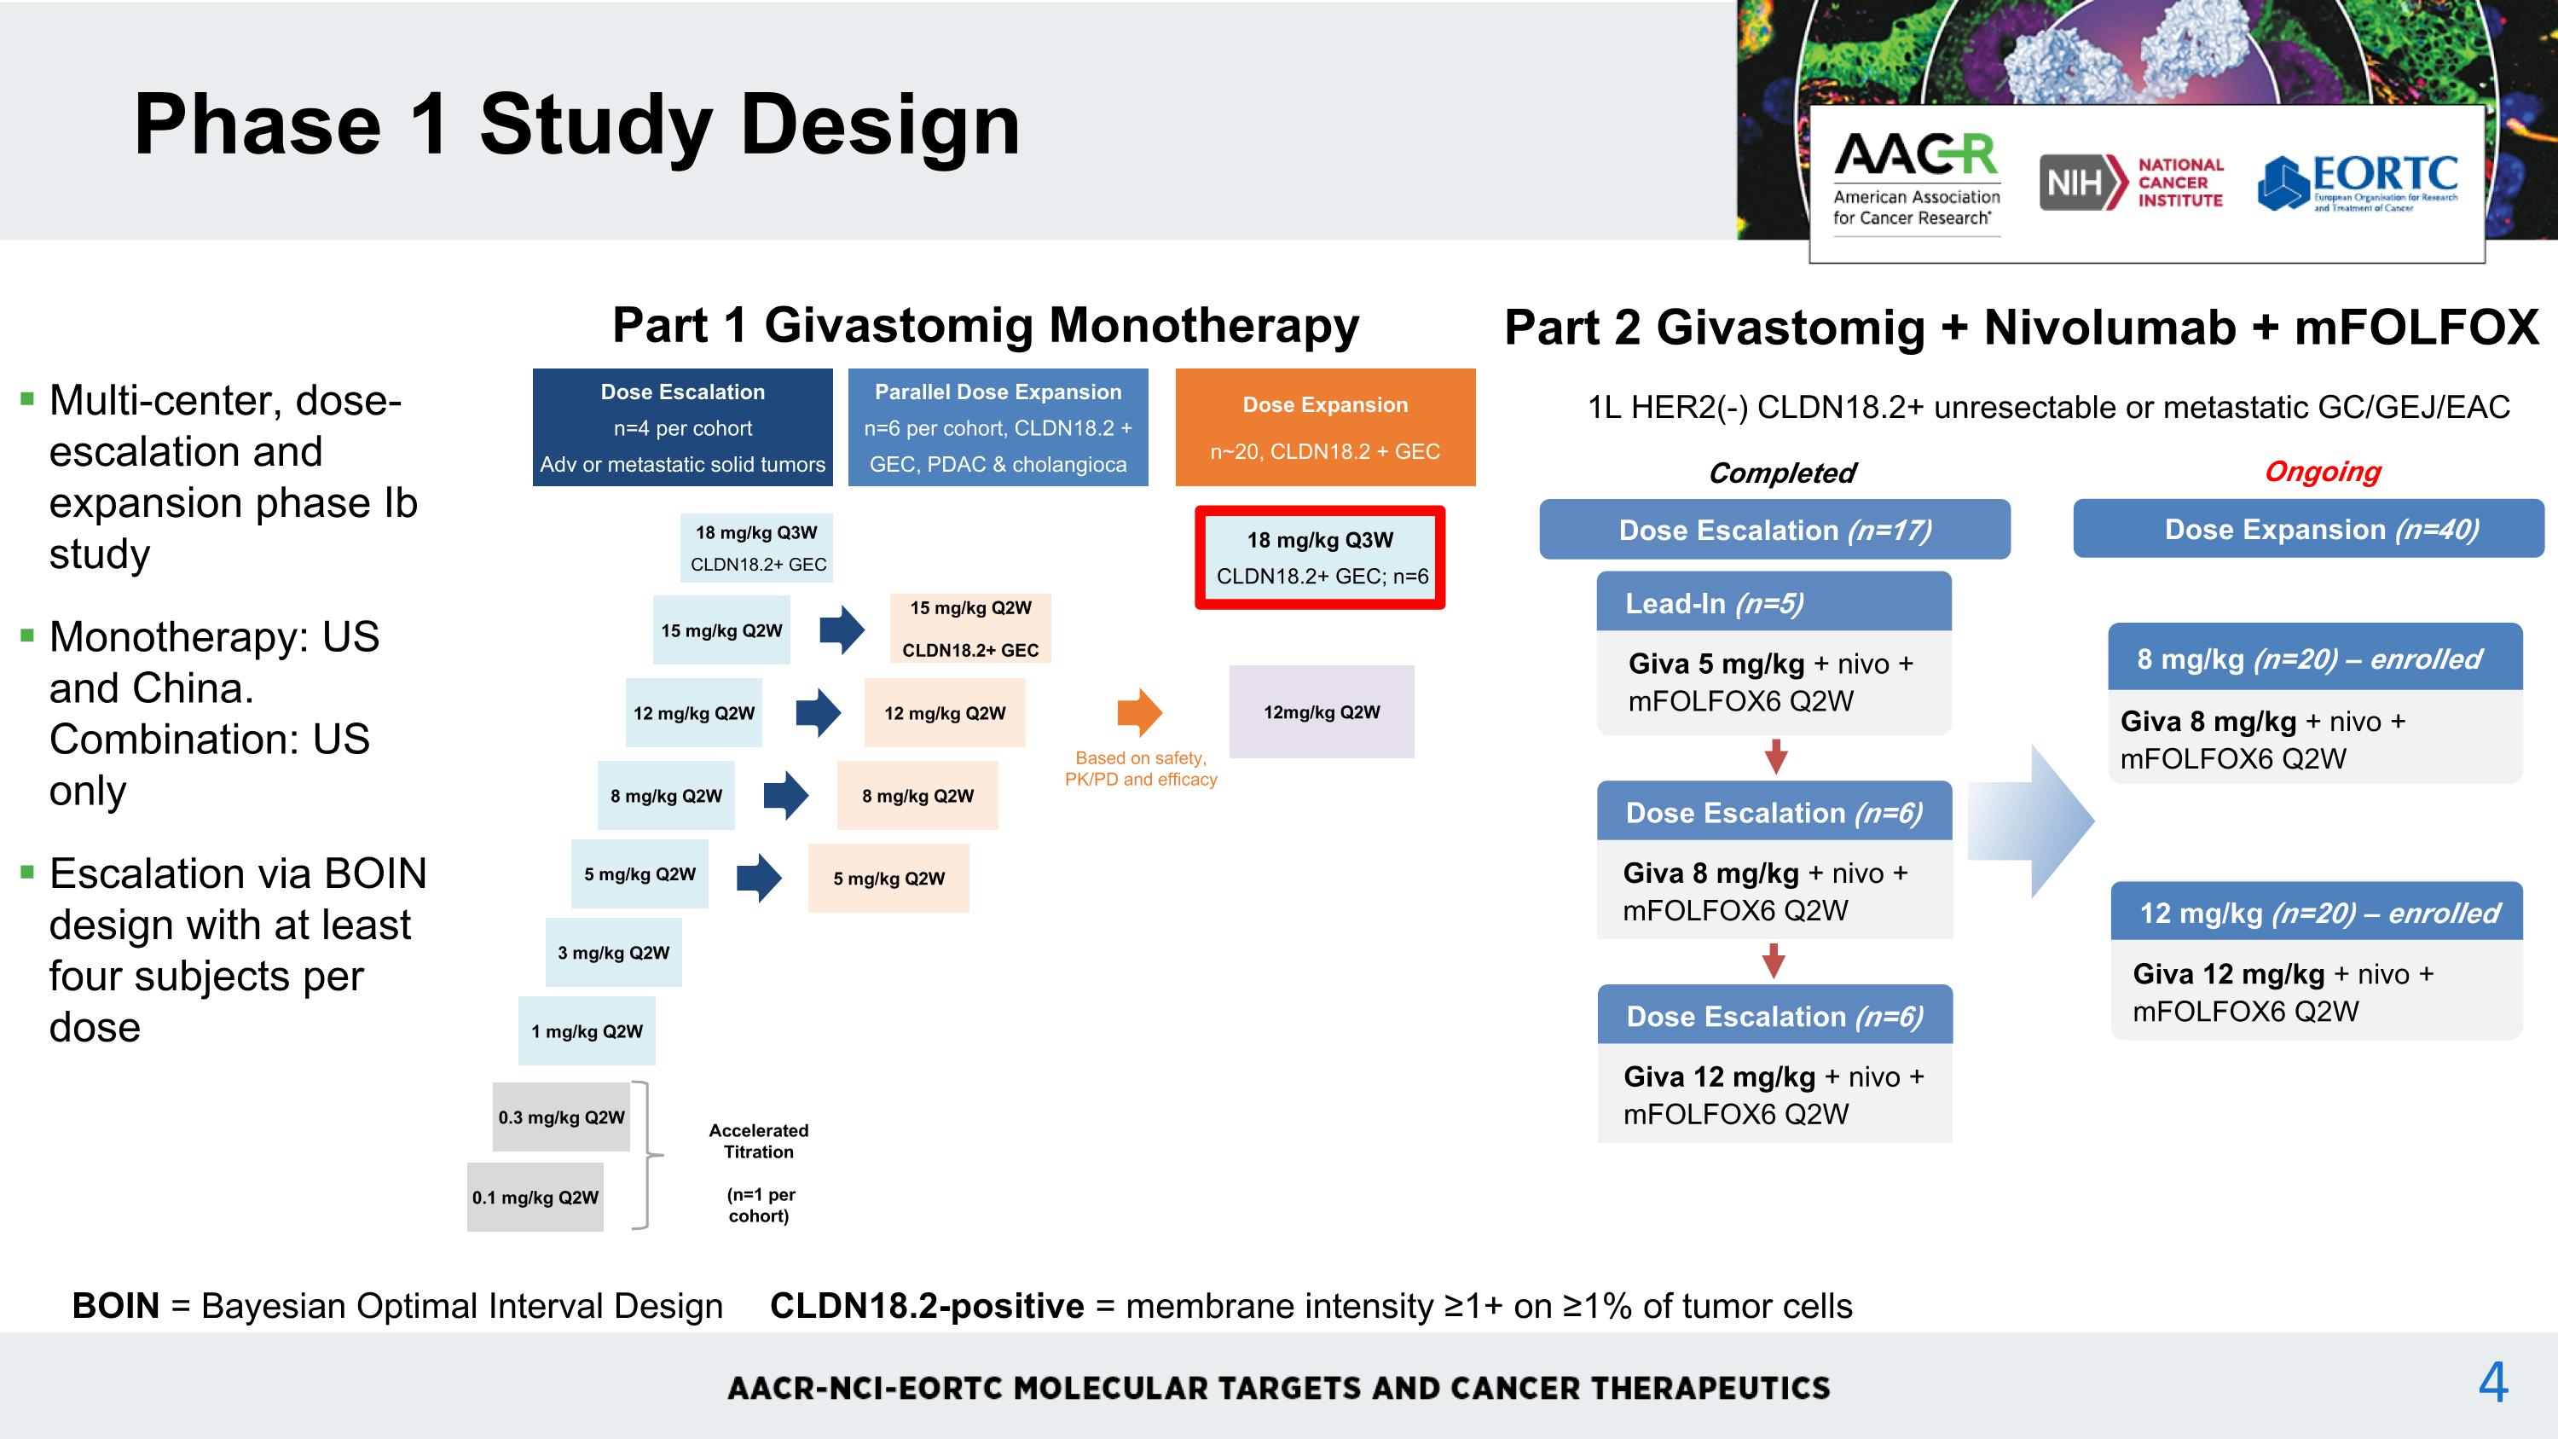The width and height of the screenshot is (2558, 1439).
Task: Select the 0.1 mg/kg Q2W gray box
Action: (535, 1197)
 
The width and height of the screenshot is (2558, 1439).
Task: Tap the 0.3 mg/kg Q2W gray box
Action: (561, 1117)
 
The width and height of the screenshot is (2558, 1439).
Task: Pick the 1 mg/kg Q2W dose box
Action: (587, 1030)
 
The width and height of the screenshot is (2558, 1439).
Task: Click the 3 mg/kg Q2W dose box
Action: (614, 953)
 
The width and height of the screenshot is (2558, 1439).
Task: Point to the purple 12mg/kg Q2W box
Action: (1322, 712)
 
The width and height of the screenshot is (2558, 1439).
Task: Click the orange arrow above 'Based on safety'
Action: (1140, 712)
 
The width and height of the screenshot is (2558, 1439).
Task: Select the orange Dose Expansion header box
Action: (1326, 427)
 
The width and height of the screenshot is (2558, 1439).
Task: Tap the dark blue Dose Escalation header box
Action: (682, 427)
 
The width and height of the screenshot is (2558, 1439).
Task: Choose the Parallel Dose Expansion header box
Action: (998, 427)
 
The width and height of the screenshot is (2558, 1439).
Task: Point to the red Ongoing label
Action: (2323, 472)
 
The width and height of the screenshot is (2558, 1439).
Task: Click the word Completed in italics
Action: (1781, 473)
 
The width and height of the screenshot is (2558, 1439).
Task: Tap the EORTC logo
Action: (2358, 183)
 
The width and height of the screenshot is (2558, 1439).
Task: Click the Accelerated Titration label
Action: (759, 1141)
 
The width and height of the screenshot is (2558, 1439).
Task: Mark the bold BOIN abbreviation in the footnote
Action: (115, 1306)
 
